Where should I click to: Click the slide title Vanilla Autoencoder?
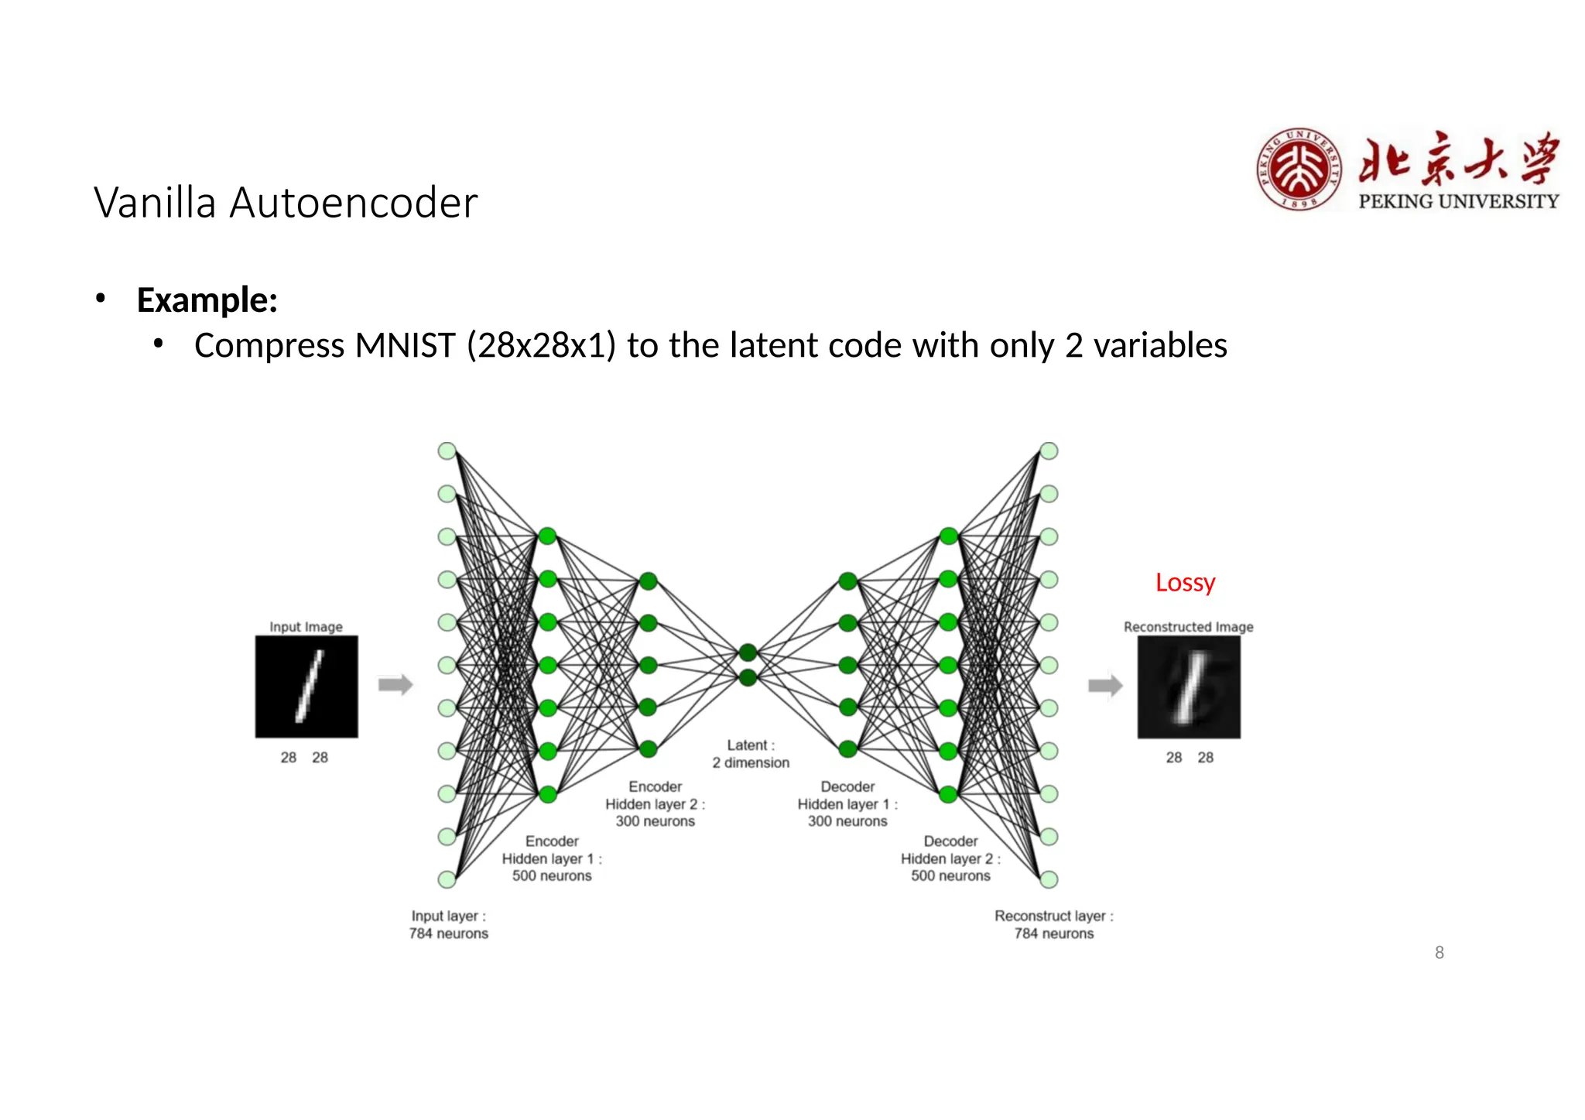[x=286, y=203]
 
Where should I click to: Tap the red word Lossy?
[x=1185, y=582]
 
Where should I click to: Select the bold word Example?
[x=207, y=300]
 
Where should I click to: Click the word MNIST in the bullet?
[x=405, y=345]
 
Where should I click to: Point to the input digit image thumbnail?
[x=306, y=687]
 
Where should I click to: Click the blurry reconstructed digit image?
[x=1188, y=687]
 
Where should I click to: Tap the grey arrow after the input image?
[x=395, y=685]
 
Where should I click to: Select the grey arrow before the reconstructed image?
[x=1105, y=685]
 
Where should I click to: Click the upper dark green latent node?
[x=748, y=652]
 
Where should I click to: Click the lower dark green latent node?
[x=748, y=678]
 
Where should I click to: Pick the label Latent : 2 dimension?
[x=751, y=754]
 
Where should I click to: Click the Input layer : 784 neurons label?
[x=449, y=924]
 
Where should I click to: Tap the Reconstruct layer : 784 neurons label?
[x=1054, y=924]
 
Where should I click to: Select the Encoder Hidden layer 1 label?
[x=552, y=858]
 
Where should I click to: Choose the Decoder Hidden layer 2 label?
[x=950, y=858]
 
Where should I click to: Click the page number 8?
[x=1440, y=953]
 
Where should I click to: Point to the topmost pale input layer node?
[x=447, y=451]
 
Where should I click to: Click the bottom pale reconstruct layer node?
[x=1049, y=879]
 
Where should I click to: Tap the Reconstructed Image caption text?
[x=1188, y=627]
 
